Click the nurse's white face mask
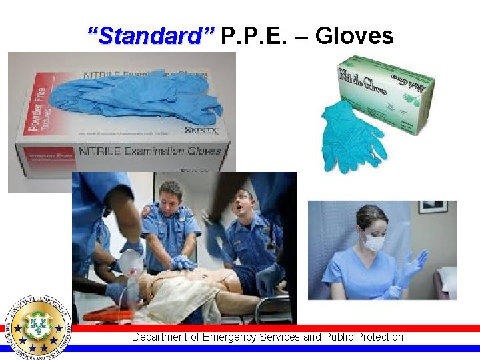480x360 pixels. [x=373, y=241]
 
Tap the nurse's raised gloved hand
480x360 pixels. [x=414, y=265]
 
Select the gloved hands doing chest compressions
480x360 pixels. [x=183, y=263]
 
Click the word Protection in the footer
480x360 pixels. [x=378, y=337]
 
